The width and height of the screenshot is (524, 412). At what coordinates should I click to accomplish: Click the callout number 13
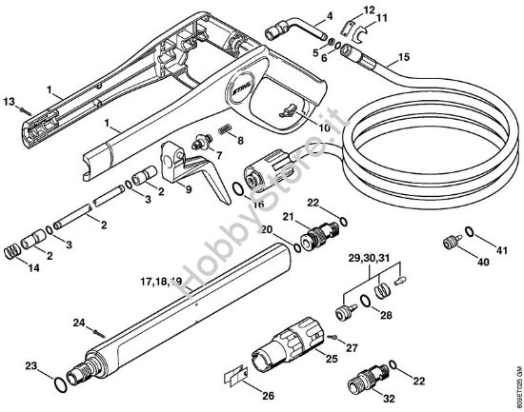(10, 101)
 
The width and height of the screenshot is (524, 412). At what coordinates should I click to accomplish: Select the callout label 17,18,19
(160, 281)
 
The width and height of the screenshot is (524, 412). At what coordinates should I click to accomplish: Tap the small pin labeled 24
(99, 329)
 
